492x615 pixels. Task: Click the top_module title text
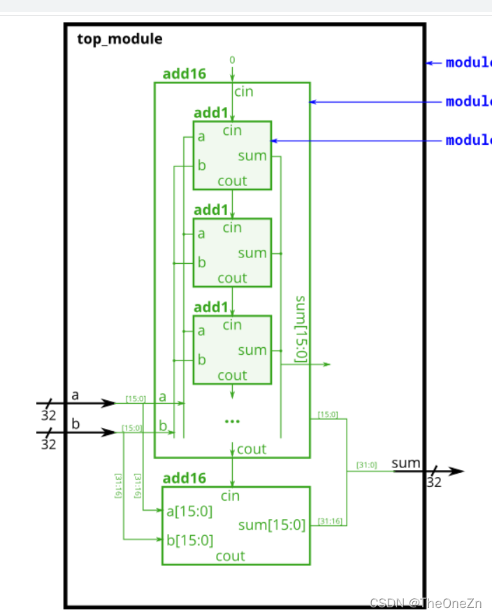[120, 38]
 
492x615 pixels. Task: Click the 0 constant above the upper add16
[232, 60]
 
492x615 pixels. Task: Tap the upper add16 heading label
[184, 74]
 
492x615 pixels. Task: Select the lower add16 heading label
[184, 479]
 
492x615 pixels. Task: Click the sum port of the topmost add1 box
[252, 155]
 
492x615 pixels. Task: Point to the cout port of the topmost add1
[232, 181]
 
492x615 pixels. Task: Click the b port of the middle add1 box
[201, 263]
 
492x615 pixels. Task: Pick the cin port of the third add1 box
[232, 325]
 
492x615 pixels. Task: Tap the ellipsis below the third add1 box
[232, 421]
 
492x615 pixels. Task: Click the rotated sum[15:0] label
[301, 329]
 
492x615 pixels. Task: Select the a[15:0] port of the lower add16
[188, 511]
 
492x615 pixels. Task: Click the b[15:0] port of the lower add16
[188, 539]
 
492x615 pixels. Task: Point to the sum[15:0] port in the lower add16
[272, 525]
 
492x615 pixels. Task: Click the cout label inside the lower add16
[230, 556]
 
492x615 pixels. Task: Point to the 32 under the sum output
[434, 483]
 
